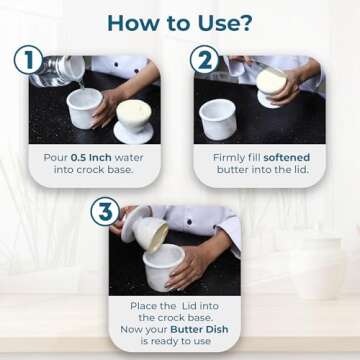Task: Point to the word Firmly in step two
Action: [x=231, y=157]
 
